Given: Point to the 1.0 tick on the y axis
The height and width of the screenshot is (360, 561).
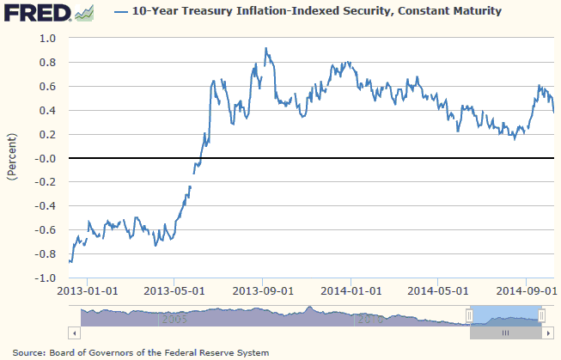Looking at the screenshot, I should [46, 39].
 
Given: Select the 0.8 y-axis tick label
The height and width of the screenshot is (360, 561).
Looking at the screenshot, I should [46, 63].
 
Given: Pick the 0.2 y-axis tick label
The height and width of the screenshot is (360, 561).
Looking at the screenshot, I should [46, 135].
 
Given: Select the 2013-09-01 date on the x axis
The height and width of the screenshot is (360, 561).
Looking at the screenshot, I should [262, 290].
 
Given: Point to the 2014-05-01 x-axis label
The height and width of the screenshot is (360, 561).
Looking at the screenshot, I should [439, 290].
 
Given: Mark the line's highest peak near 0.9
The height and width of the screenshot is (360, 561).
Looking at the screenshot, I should [265, 49].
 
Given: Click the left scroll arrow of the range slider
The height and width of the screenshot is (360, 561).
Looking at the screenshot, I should [75, 332].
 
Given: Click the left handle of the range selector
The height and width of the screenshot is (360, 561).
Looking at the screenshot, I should [469, 315].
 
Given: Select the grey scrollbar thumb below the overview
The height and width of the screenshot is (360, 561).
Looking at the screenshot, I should [506, 332].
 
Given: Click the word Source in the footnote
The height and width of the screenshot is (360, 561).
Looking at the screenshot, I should [29, 352].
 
